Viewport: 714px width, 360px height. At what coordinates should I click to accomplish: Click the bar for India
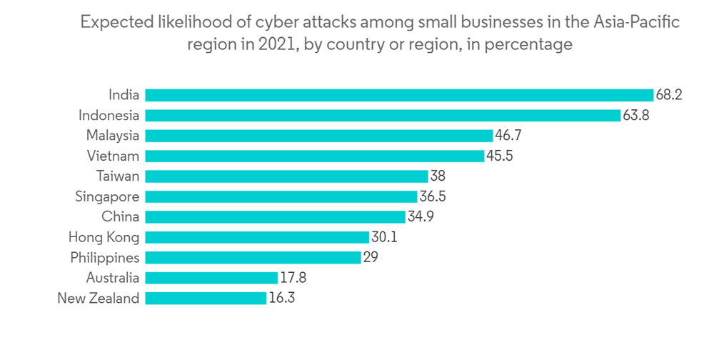point(399,95)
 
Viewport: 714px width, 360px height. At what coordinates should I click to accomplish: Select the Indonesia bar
point(383,115)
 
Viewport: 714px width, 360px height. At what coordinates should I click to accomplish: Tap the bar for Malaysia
point(319,136)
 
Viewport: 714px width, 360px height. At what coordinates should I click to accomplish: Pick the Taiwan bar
point(286,176)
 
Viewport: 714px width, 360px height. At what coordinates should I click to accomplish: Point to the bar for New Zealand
point(206,299)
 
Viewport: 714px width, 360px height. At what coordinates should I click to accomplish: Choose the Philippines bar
point(253,258)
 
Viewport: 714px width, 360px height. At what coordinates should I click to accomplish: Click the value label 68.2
point(669,95)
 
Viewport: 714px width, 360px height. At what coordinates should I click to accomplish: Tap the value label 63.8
point(635,115)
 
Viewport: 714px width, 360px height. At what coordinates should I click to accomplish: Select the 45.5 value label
point(498,156)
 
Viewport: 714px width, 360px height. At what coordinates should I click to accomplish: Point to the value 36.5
point(432,196)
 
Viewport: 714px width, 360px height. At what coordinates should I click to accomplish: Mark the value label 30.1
point(383,237)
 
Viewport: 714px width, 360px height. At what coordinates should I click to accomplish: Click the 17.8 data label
point(293,278)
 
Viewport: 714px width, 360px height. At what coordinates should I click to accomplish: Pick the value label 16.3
point(281,299)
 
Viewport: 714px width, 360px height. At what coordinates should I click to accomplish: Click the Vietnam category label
point(113,156)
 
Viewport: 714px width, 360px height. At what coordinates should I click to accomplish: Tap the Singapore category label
point(107,196)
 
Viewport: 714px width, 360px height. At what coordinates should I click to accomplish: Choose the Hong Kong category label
point(104,237)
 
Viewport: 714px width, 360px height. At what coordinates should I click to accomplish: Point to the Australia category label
point(112,278)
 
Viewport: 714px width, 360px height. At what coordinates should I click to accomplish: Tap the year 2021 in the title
point(275,44)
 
